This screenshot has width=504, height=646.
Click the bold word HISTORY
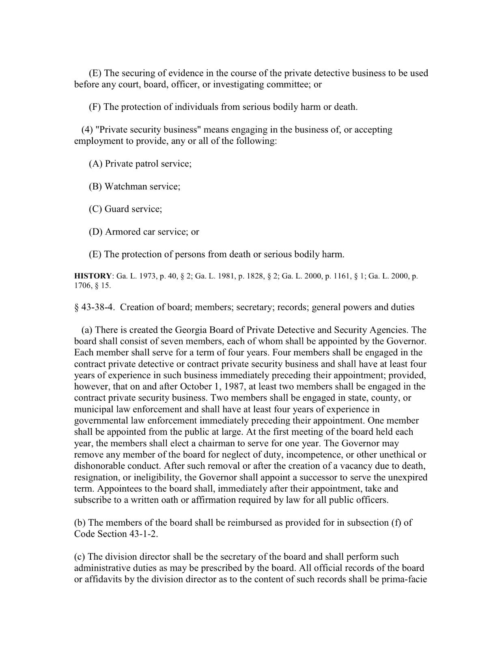click(92, 276)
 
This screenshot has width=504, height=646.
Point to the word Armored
click(123, 232)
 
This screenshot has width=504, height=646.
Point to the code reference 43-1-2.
click(142, 534)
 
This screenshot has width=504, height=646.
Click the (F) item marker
click(95, 107)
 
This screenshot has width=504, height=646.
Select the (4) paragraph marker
click(87, 130)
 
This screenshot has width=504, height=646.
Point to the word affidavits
click(103, 580)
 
